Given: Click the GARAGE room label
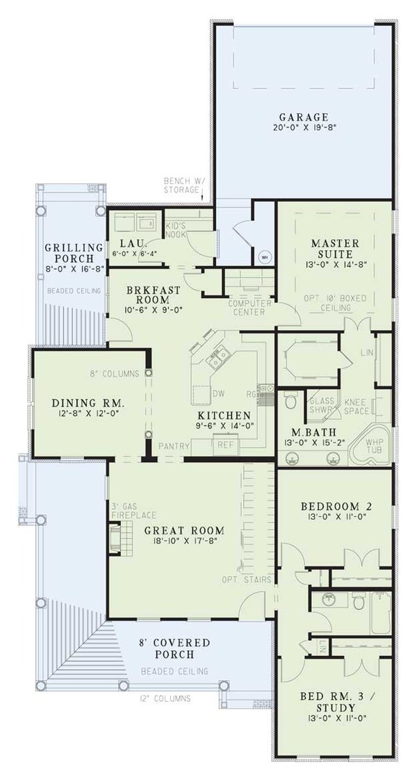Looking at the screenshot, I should coord(304,116).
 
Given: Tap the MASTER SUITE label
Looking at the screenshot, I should coord(335,249).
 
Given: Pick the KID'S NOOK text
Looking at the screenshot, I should coord(176,230).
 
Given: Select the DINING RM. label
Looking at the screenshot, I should coord(88,403).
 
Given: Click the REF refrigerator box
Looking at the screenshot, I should coord(224,444).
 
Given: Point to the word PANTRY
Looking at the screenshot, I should coord(174,444).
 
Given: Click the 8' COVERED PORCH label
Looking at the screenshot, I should coord(174,648).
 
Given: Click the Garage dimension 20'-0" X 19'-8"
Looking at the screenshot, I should coord(304,128).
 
